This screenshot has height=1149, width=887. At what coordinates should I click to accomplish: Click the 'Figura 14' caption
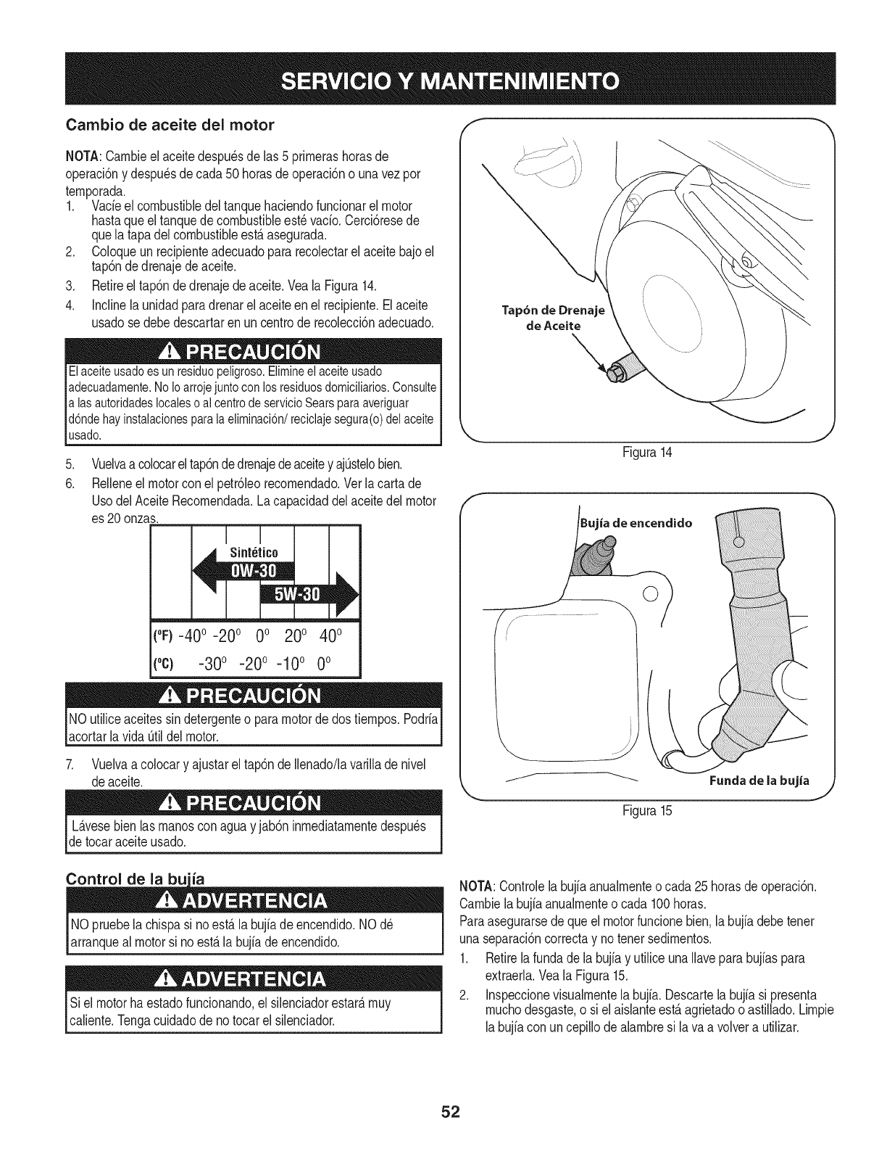648,452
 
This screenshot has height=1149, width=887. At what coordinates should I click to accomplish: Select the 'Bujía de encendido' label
636,522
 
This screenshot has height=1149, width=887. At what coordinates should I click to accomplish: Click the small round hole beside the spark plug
649,593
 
